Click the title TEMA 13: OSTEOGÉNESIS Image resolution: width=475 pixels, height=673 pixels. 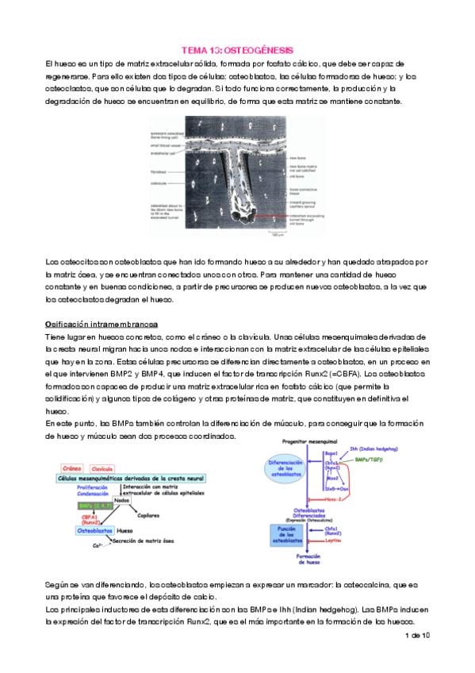[237, 48]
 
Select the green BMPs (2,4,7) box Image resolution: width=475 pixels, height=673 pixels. [93, 506]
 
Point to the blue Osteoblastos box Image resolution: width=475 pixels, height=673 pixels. [90, 529]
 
